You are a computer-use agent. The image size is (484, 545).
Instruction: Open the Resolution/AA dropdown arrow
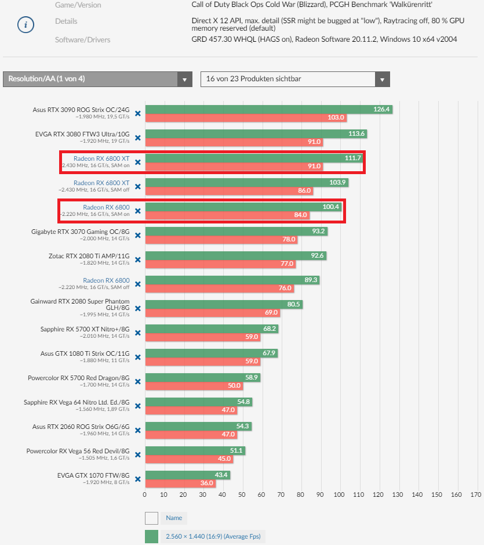[184, 79]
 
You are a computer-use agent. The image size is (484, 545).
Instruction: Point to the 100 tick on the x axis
[340, 495]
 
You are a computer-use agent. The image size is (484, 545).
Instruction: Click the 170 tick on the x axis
[476, 495]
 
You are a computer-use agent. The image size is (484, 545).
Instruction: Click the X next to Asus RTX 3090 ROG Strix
[138, 113]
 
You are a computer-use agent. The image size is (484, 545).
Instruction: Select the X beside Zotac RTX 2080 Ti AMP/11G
[138, 259]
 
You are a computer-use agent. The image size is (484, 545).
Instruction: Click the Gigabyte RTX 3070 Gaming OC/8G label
[81, 231]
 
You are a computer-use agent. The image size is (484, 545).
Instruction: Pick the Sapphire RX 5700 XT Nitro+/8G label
[85, 329]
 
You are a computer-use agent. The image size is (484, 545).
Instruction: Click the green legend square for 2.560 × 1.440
[151, 536]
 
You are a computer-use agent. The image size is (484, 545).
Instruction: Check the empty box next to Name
[151, 518]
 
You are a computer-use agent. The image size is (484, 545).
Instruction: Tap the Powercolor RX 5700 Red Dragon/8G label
[78, 377]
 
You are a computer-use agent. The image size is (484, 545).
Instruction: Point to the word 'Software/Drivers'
[82, 39]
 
